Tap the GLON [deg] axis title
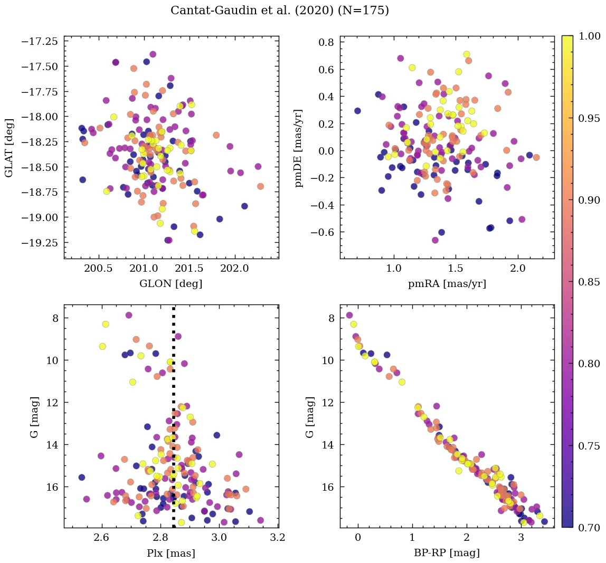pyautogui.click(x=171, y=284)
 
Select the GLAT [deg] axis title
pyautogui.click(x=9, y=148)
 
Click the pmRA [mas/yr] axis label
pyautogui.click(x=447, y=284)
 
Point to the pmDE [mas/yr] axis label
pyautogui.click(x=299, y=148)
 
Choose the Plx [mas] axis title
pyautogui.click(x=171, y=554)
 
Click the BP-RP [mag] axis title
pyautogui.click(x=447, y=554)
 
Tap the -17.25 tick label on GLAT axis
pyautogui.click(x=43, y=41)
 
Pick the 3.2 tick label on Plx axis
pyautogui.click(x=278, y=538)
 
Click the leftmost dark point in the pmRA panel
pyautogui.click(x=357, y=111)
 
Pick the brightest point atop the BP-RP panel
pyautogui.click(x=349, y=315)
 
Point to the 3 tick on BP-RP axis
pyautogui.click(x=521, y=538)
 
